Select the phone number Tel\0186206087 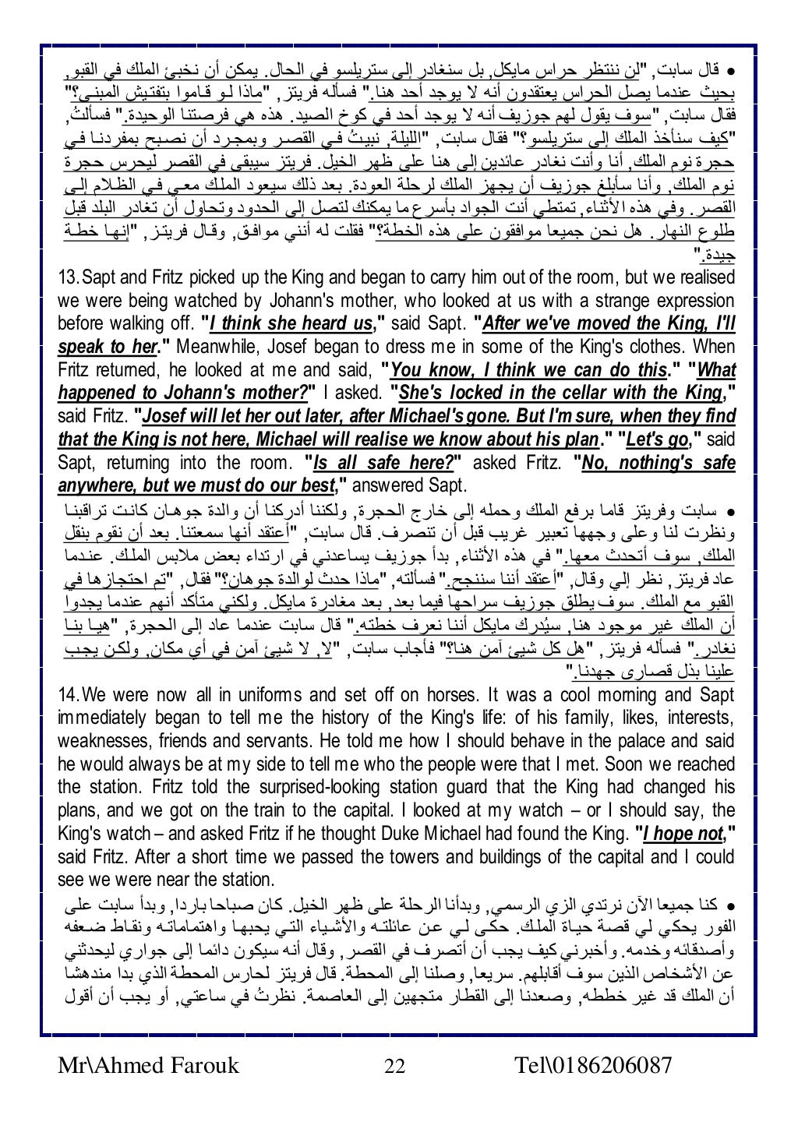tap(594, 1065)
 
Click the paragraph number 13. tap(69, 278)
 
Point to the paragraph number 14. tap(69, 694)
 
